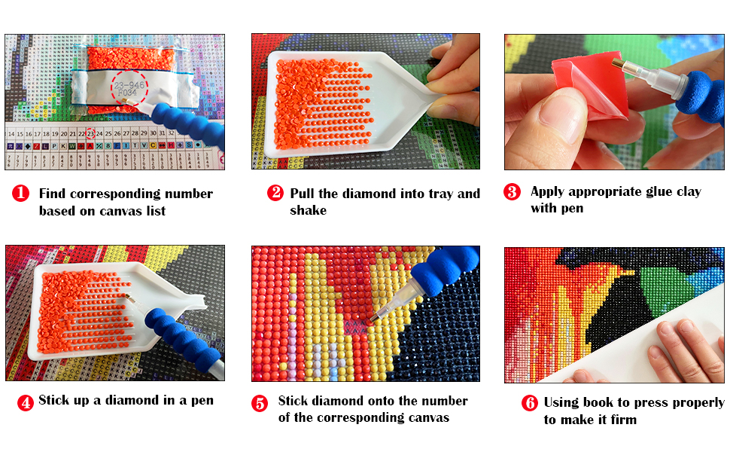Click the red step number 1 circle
tap(21, 194)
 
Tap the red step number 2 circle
tap(275, 193)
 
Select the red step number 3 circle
tap(513, 191)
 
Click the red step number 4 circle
tap(25, 402)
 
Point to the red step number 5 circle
tap(260, 403)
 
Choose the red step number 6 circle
tap(530, 403)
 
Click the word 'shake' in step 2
tap(308, 210)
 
